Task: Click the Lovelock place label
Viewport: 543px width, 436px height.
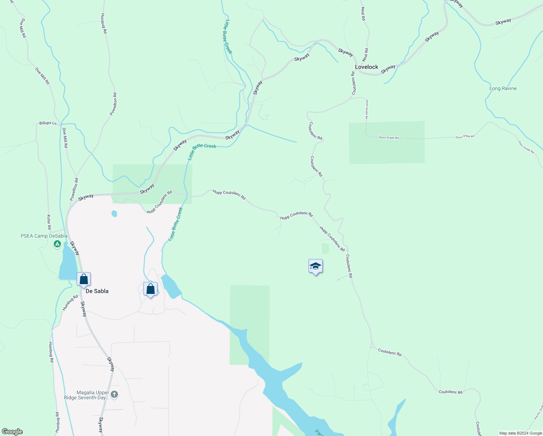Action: (366, 67)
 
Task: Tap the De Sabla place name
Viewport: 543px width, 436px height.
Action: (97, 291)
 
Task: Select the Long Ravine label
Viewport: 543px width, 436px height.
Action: (503, 88)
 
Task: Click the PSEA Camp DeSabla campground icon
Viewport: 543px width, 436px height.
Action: (57, 245)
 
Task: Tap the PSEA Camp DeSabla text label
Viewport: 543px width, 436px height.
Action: (44, 236)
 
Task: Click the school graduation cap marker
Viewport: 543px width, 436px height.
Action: (315, 267)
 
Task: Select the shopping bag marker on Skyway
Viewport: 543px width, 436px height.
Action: (83, 279)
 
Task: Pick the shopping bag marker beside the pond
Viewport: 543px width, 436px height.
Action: (150, 289)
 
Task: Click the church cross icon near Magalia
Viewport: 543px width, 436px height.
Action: (114, 395)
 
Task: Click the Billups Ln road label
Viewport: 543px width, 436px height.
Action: (48, 123)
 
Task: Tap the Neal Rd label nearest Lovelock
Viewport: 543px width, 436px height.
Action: (366, 55)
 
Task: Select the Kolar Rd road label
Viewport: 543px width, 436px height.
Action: (49, 222)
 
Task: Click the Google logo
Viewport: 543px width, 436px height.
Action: (12, 432)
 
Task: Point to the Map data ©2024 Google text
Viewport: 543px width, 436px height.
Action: (520, 433)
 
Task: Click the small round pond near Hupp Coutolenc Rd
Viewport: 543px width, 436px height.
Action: (114, 214)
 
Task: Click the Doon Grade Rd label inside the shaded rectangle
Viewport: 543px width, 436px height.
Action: (388, 137)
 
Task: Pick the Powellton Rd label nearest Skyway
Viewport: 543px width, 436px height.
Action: (74, 189)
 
